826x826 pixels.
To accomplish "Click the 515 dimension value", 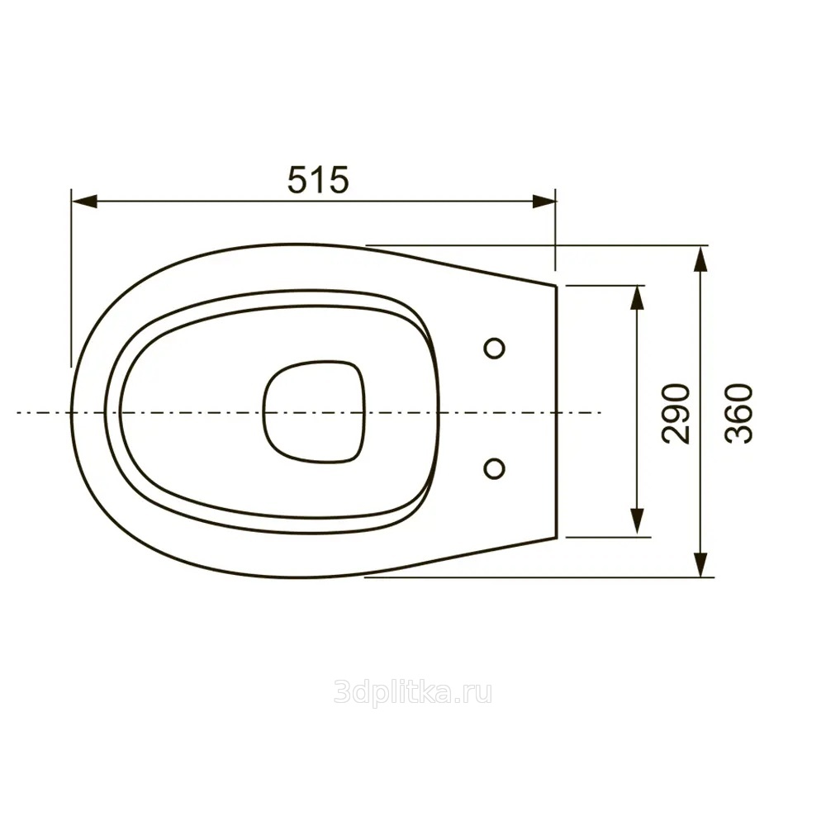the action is (318, 179).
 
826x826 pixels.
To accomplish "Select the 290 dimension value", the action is (676, 414).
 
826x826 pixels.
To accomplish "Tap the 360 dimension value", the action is (738, 414).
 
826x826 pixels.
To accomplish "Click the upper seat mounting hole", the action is (494, 349).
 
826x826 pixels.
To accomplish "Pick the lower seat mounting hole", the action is (494, 468).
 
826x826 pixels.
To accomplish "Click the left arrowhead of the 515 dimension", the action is (84, 202).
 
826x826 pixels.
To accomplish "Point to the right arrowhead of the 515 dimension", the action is (544, 202).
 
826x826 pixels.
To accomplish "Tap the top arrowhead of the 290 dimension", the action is (638, 298).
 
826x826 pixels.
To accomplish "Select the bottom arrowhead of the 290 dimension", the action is (638, 524).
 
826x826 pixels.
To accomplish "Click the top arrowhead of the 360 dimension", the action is (700, 259).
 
